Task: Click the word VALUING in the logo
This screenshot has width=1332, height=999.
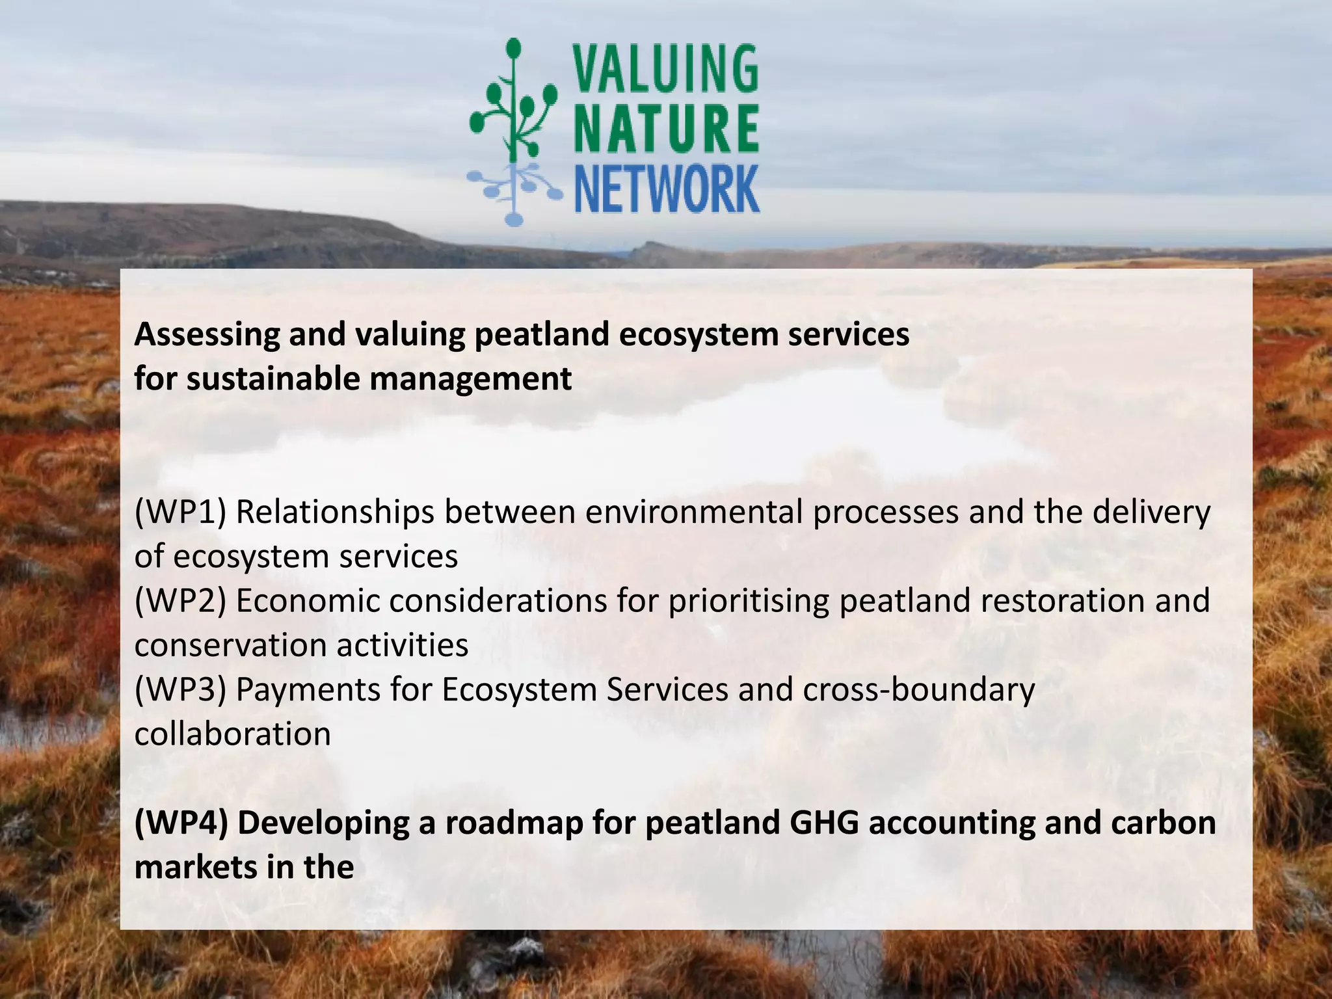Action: (x=665, y=68)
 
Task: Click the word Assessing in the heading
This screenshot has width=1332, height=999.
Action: (x=206, y=335)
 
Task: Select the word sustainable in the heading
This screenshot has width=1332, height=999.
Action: (x=273, y=379)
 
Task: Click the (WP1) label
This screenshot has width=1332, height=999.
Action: (x=180, y=513)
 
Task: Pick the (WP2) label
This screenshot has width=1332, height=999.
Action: (x=180, y=601)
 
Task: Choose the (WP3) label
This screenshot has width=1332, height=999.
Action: (x=180, y=690)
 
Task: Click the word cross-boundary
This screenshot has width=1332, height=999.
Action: (x=918, y=690)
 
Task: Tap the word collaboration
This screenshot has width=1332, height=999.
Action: (x=232, y=734)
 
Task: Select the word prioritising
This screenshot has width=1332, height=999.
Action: (x=749, y=601)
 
